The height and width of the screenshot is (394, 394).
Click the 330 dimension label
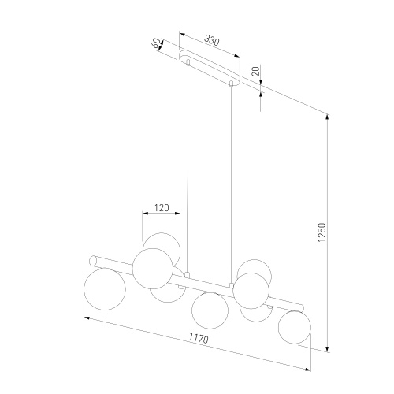click(211, 41)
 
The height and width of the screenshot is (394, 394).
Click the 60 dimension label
click(156, 43)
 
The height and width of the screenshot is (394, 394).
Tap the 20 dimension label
click(256, 71)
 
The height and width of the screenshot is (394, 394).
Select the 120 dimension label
click(162, 208)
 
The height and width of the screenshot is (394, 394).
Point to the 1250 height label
click(322, 232)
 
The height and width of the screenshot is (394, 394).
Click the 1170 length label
click(199, 338)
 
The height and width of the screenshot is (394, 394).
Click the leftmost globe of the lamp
click(105, 289)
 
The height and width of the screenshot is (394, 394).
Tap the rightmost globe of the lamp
click(295, 327)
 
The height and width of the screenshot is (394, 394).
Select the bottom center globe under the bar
click(210, 310)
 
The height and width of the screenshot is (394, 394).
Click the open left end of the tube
click(93, 261)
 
